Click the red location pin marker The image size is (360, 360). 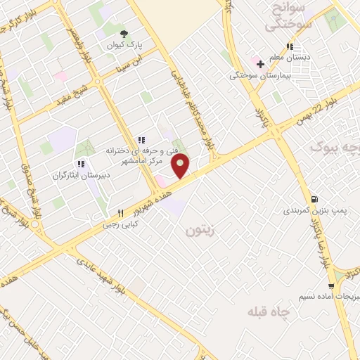click(181, 166)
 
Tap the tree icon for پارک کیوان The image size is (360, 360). click(124, 33)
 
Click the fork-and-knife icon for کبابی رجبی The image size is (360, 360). click(121, 213)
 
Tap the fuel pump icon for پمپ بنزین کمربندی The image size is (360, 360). click(314, 199)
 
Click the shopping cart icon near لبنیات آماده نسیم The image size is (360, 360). click(331, 286)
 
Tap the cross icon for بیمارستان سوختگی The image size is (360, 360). click(260, 64)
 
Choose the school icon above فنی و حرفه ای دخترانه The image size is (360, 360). click(141, 139)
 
